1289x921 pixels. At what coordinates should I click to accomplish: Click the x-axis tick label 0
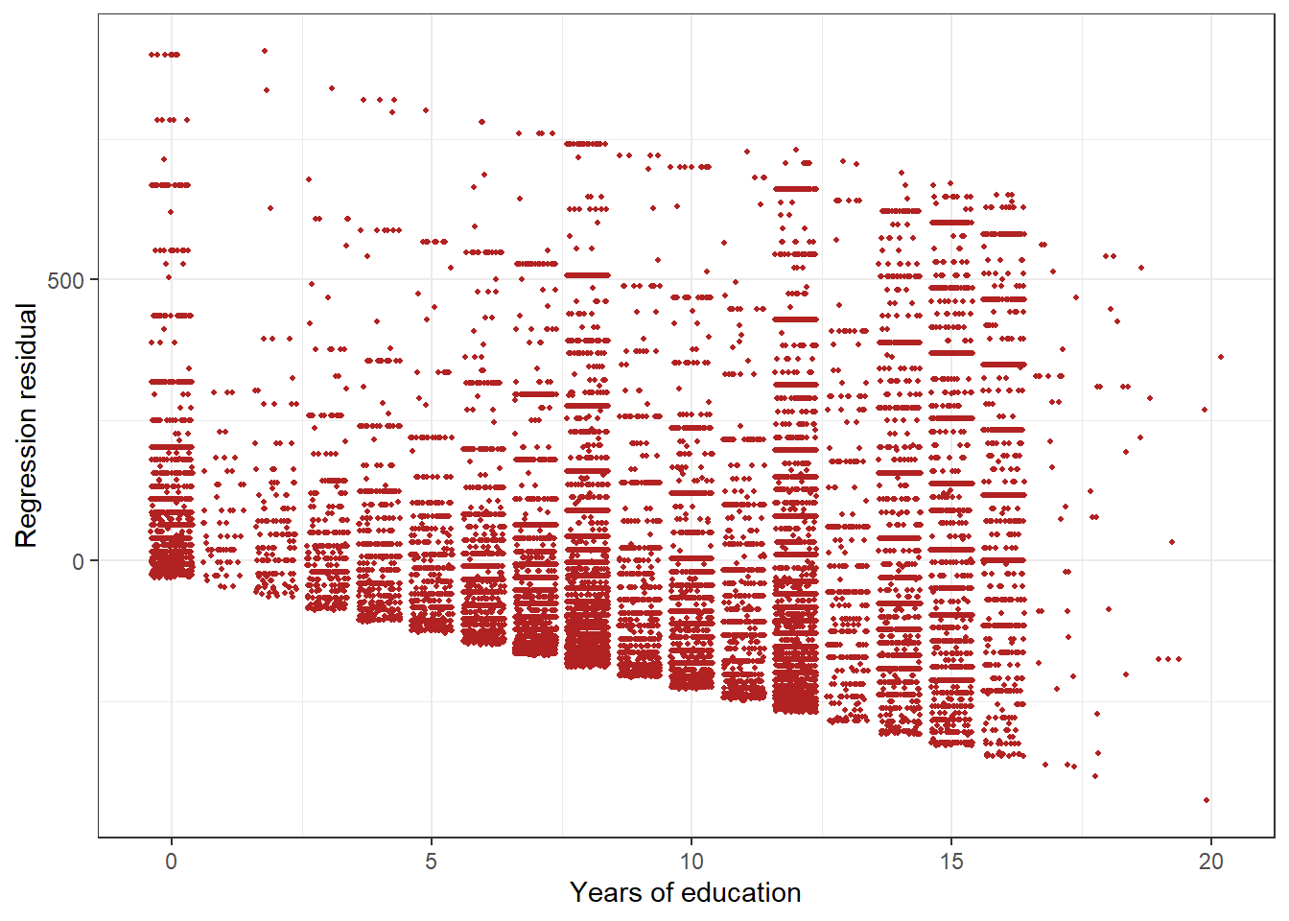171,861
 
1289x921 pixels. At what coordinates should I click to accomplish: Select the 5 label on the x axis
431,861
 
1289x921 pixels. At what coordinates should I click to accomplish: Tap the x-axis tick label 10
691,861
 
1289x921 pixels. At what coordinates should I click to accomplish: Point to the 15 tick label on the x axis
950,861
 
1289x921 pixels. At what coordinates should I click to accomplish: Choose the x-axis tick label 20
1210,861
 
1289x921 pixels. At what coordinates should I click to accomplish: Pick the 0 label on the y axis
79,561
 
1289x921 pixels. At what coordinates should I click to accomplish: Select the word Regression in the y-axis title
26,473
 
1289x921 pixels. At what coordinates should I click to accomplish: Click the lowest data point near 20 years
1206,799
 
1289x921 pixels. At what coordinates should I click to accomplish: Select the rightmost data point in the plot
1220,357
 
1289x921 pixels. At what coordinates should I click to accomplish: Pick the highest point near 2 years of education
265,51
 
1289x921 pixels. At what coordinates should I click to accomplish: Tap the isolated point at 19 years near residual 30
1172,542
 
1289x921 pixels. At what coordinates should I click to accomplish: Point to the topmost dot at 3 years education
331,88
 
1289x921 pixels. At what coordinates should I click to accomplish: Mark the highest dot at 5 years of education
426,110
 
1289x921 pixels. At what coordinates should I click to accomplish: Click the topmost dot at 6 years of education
481,122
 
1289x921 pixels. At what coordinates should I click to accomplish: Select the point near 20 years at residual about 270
1205,410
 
